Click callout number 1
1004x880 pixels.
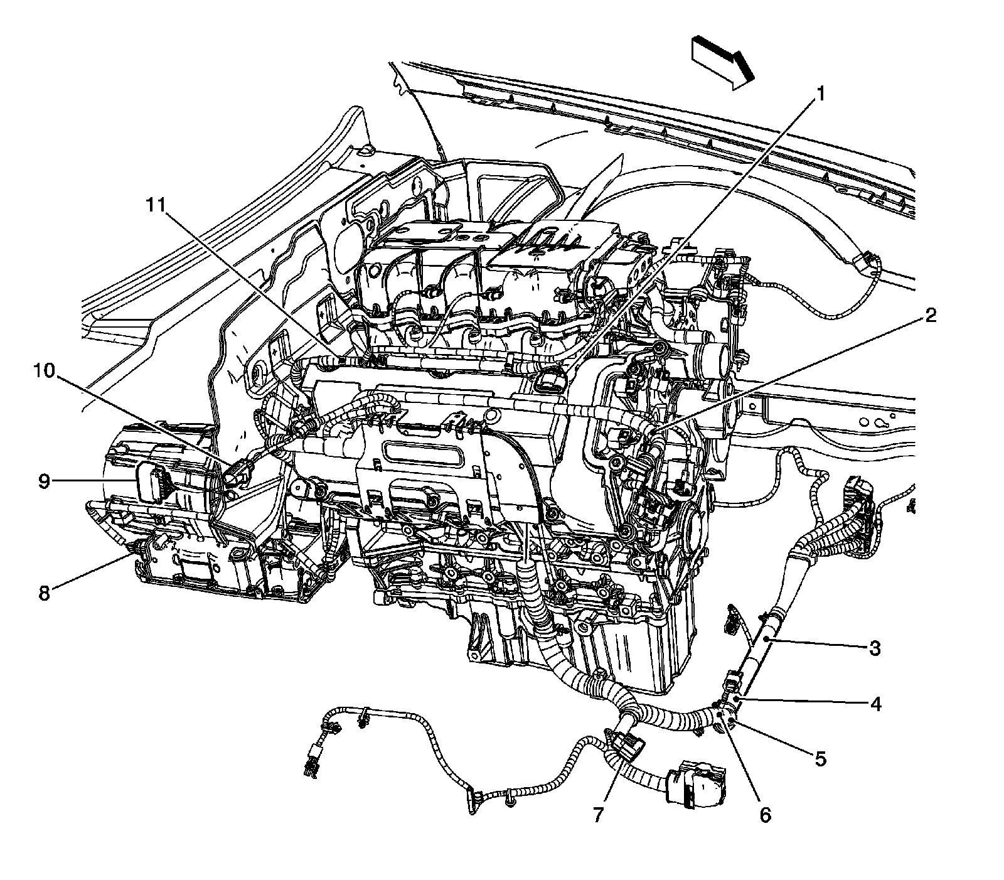[x=820, y=94]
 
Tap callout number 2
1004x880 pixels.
[x=930, y=315]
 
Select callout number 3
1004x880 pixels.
[x=875, y=647]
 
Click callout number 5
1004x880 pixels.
[x=821, y=759]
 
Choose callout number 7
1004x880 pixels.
[x=597, y=815]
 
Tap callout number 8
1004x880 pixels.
[x=44, y=593]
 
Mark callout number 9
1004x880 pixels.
[x=44, y=481]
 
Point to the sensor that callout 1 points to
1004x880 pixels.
[x=552, y=382]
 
